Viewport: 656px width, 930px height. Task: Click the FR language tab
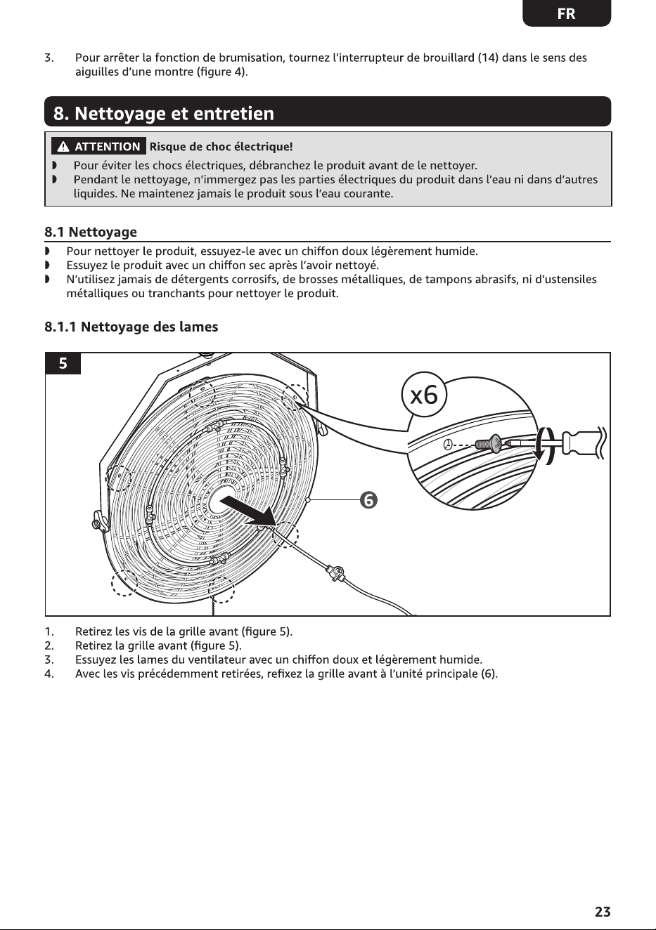(x=567, y=13)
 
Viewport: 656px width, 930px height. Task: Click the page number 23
(x=603, y=911)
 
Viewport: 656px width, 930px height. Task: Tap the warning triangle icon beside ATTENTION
(x=63, y=146)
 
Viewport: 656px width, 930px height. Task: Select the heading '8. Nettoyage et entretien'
(x=164, y=113)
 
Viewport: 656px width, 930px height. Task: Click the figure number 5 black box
(x=63, y=363)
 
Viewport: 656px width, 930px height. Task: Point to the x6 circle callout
(x=424, y=395)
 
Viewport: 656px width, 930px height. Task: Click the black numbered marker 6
(x=368, y=500)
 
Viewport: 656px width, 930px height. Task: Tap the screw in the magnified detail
(x=489, y=443)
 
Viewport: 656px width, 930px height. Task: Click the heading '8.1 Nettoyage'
(x=91, y=232)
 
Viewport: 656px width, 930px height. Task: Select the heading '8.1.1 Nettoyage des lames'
(x=131, y=327)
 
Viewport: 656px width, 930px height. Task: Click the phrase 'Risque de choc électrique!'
(x=221, y=147)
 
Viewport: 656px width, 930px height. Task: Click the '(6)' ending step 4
(x=489, y=674)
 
